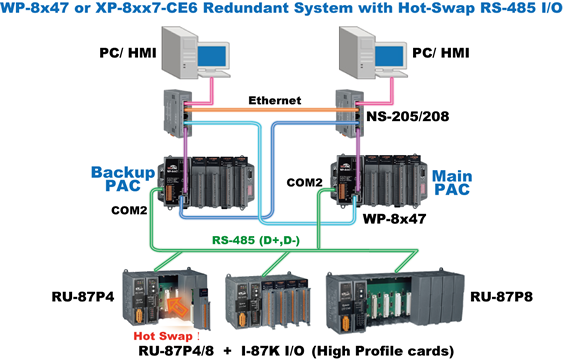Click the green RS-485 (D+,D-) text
tap(274, 240)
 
